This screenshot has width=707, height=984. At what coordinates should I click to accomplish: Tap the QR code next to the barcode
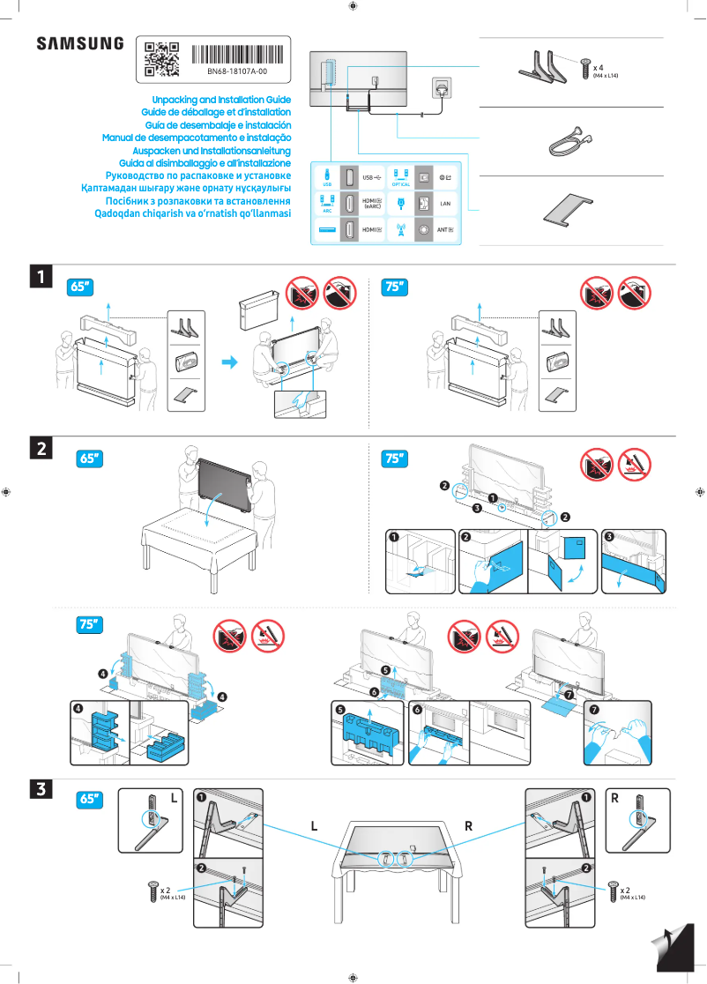pyautogui.click(x=161, y=59)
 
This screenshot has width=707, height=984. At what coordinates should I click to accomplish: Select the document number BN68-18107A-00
pyautogui.click(x=237, y=71)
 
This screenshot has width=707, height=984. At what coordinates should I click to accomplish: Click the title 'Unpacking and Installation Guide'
pyautogui.click(x=221, y=101)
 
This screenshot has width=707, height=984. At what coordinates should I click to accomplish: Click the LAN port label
pyautogui.click(x=446, y=203)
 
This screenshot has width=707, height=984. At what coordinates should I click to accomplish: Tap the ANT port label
pyautogui.click(x=446, y=230)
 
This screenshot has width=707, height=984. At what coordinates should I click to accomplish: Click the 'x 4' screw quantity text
pyautogui.click(x=599, y=68)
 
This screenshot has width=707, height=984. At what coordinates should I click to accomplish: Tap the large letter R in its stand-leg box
pyautogui.click(x=614, y=798)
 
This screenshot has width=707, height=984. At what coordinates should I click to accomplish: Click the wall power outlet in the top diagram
pyautogui.click(x=442, y=88)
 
